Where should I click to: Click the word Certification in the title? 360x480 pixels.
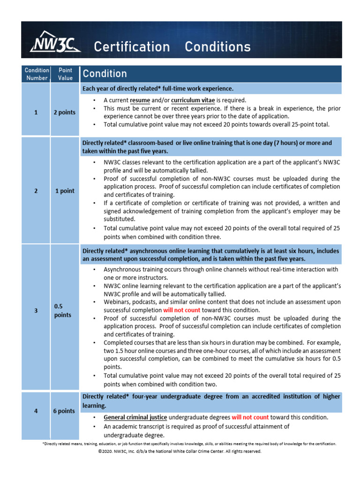click(132, 47)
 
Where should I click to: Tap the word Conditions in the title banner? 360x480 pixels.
click(217, 47)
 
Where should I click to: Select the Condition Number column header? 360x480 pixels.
click(37, 74)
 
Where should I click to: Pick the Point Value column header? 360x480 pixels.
click(65, 74)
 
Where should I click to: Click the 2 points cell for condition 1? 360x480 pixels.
click(65, 112)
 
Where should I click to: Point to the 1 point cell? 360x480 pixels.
click(65, 191)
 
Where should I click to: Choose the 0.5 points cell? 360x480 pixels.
click(63, 310)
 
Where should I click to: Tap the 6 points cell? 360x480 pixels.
click(64, 411)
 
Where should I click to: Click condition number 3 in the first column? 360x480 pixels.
click(36, 310)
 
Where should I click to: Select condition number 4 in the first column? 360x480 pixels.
click(36, 411)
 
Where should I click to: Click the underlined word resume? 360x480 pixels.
click(140, 100)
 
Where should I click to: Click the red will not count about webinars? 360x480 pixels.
click(181, 310)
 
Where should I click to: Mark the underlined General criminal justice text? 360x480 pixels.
click(135, 417)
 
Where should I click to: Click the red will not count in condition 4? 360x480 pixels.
click(250, 417)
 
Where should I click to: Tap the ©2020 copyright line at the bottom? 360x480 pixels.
click(180, 451)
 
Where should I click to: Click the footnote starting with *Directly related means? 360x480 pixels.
click(189, 443)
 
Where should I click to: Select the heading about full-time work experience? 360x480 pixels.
click(157, 89)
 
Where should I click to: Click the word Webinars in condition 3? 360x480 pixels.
click(117, 302)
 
